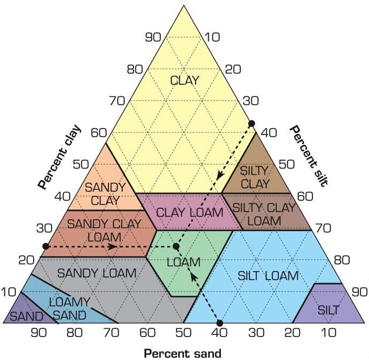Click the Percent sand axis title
tap(183, 353)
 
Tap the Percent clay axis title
tap(59, 158)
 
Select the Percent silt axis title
tap(309, 156)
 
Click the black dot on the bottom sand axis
tap(219, 323)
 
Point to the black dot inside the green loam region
tap(176, 246)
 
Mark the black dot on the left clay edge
tap(46, 246)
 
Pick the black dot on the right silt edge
tap(252, 123)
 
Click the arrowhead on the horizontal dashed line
tap(113, 246)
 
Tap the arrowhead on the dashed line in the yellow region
tap(220, 175)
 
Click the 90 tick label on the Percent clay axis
tap(153, 37)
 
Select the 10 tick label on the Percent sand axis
tap(328, 333)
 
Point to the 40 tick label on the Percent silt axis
tap(269, 133)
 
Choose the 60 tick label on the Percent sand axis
tap(147, 333)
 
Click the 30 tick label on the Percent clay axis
tap(44, 228)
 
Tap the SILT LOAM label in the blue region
tap(268, 275)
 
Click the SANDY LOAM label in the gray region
tap(97, 273)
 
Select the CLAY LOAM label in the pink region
tap(190, 212)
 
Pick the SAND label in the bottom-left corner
tap(27, 316)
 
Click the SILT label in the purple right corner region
tap(328, 310)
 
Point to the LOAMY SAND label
tap(69, 309)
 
